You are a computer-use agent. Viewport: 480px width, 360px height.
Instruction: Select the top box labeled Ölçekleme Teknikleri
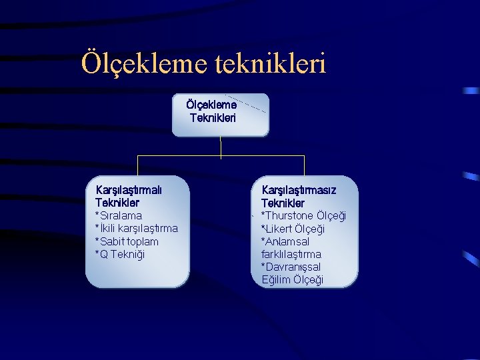tap(220, 114)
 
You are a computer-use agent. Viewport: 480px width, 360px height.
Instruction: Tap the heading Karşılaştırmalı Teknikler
tap(129, 196)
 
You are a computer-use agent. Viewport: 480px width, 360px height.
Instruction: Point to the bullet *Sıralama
tap(119, 215)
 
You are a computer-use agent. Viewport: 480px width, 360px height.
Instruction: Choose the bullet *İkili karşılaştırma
tap(137, 228)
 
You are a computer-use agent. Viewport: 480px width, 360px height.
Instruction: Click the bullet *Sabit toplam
tap(127, 241)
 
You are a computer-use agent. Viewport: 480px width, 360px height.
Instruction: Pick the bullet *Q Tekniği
tap(120, 254)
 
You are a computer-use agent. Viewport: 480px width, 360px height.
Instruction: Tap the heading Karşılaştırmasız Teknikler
tap(298, 196)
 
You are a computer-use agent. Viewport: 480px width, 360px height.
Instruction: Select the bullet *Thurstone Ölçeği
tap(303, 215)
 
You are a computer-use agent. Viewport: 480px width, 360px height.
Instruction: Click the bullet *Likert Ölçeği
tap(293, 229)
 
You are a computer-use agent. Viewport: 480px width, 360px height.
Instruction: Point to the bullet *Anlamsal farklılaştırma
tap(291, 247)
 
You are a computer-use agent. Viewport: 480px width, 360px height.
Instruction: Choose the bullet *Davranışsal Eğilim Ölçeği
tap(292, 273)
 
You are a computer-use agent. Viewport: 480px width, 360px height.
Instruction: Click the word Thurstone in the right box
tap(289, 215)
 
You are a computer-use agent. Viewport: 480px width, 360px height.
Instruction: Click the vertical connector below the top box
tap(221, 147)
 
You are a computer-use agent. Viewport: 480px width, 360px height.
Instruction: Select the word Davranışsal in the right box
tap(287, 267)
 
